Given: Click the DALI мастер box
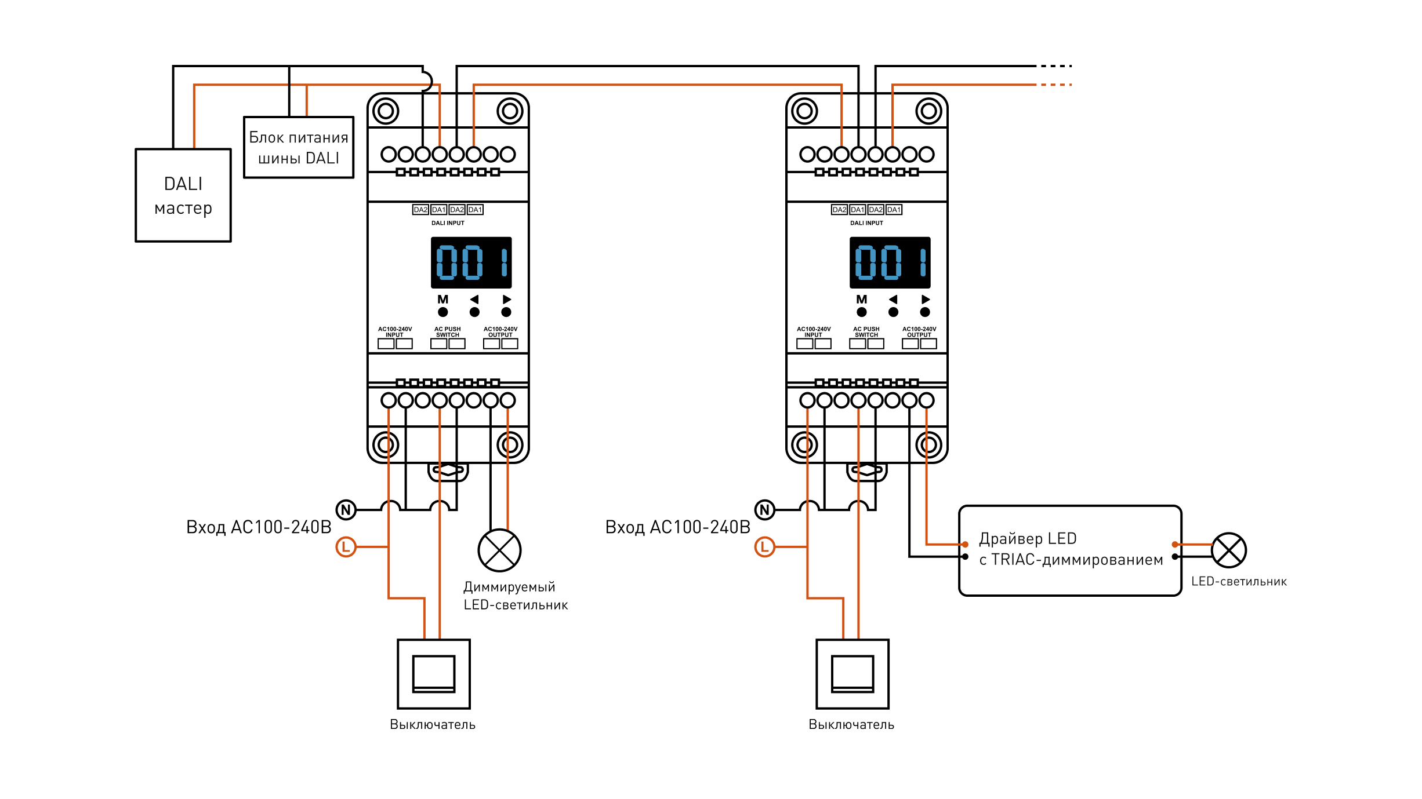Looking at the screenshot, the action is [183, 195].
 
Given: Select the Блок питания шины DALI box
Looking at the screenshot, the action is [299, 147].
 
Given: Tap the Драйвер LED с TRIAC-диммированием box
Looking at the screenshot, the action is [1070, 550].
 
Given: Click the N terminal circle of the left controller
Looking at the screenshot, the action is [346, 510].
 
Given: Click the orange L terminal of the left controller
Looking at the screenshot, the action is [346, 546].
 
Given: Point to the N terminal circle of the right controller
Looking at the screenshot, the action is [765, 510].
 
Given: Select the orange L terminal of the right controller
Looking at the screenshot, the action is [765, 546].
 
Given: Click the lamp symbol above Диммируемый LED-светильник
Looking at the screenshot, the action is [499, 550].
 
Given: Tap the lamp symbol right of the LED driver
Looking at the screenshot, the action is [1229, 550].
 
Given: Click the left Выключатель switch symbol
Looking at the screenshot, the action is [434, 674].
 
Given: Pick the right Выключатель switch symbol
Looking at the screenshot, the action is [853, 674].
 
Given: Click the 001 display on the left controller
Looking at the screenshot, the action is [471, 262].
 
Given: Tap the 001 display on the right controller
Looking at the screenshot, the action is [890, 262].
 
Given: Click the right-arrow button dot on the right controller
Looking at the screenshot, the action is [925, 312].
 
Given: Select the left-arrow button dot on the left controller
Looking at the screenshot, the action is [474, 312].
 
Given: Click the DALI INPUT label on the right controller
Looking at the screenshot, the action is [866, 223].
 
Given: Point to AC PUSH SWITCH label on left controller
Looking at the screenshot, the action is [448, 332].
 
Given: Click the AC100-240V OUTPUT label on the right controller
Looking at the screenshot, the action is [919, 332].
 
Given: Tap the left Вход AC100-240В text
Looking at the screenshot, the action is [259, 527].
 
